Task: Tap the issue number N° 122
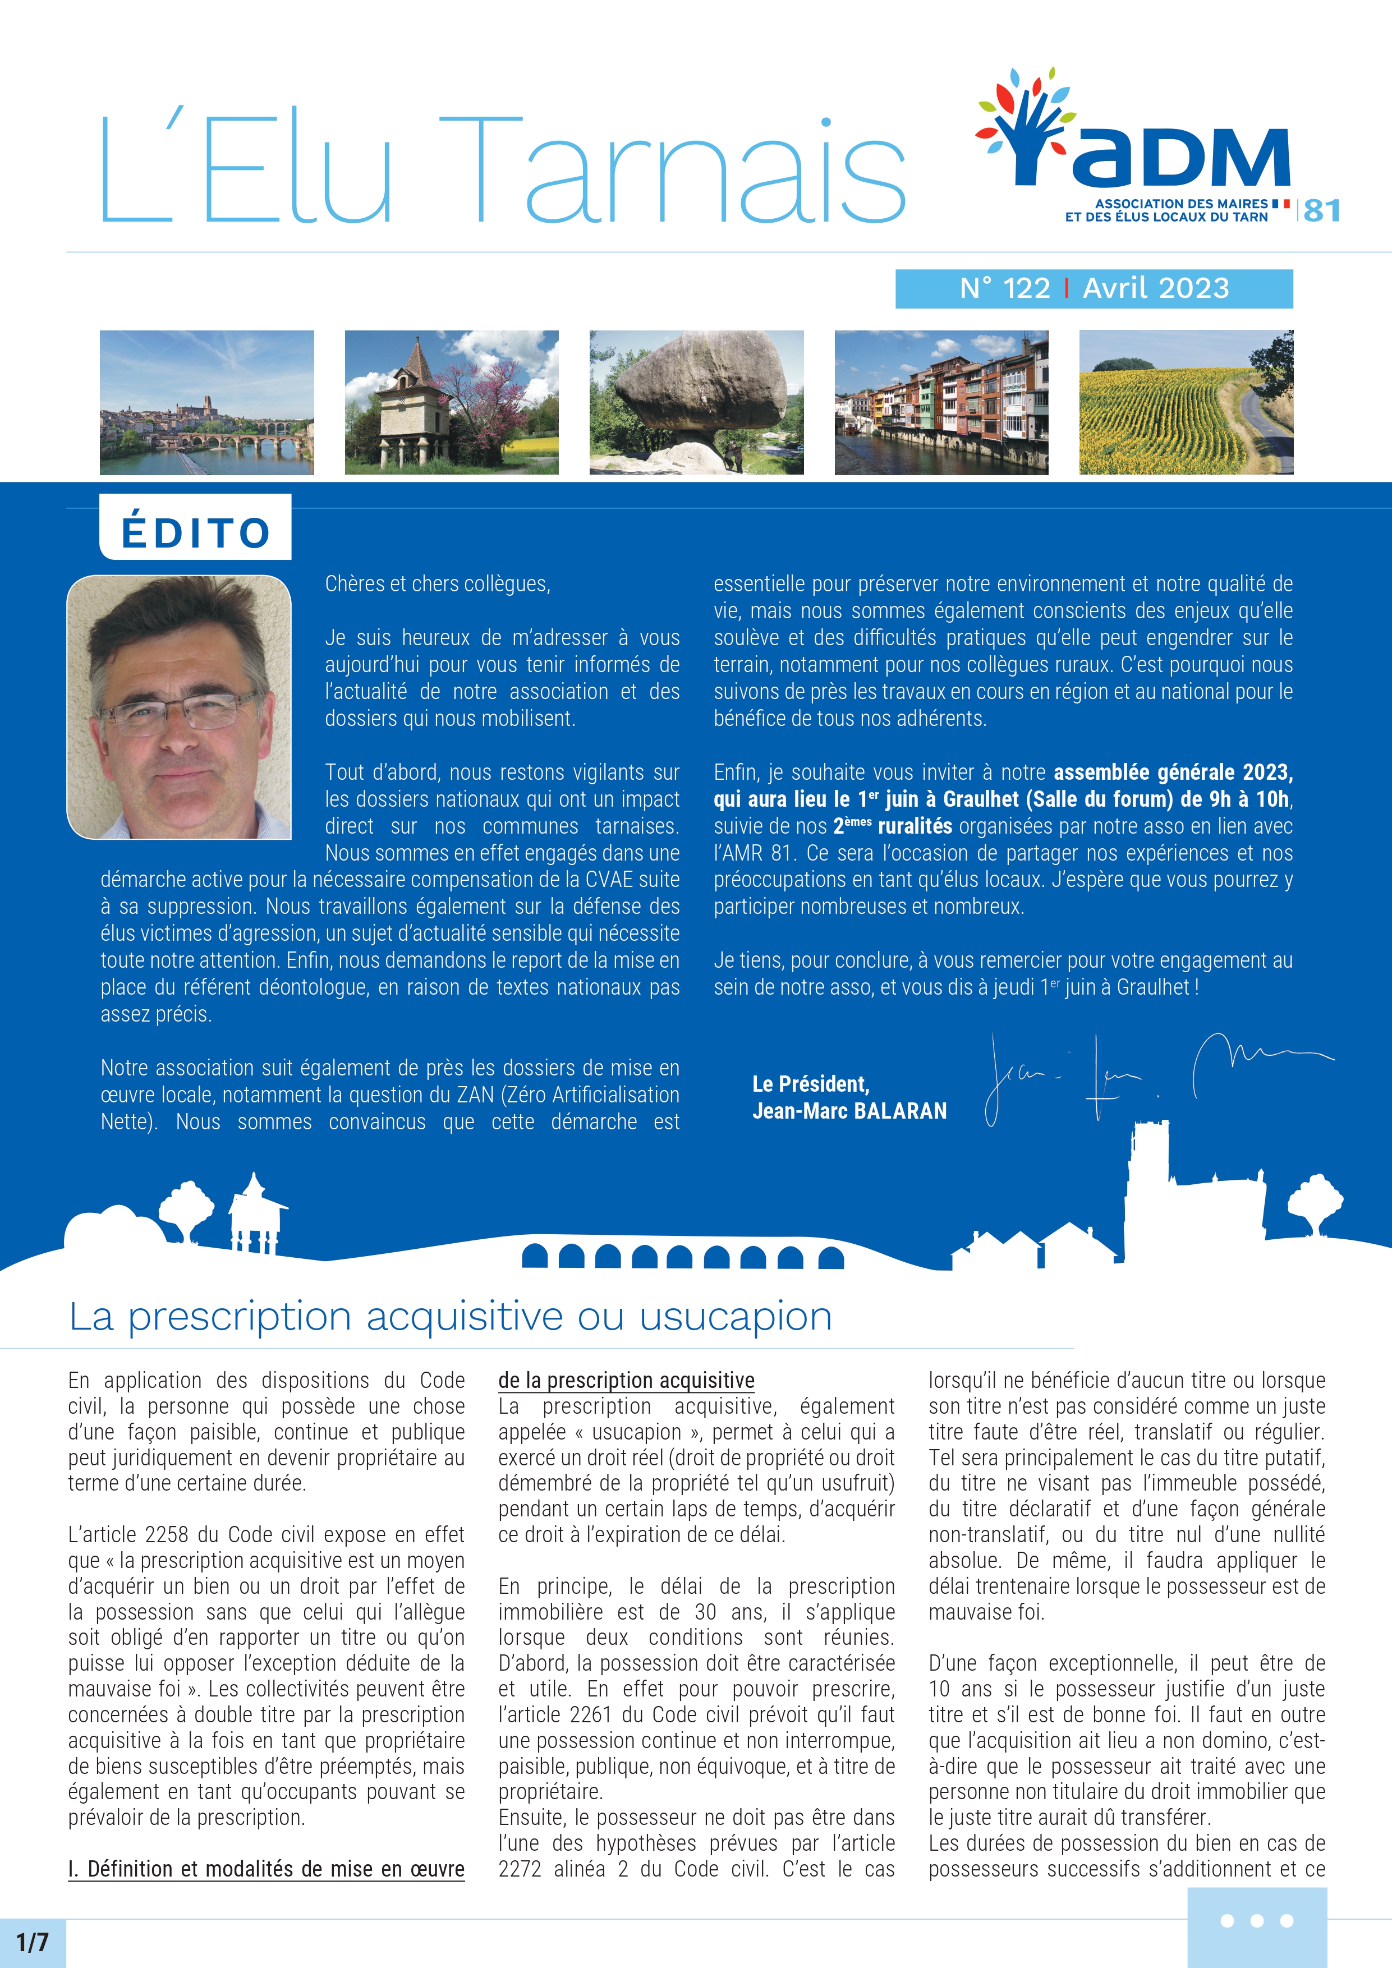(1004, 288)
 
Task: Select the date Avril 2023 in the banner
(1155, 288)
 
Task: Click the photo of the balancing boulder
(696, 402)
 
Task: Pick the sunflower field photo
(1186, 402)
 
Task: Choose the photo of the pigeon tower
(451, 402)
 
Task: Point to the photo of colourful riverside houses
(941, 402)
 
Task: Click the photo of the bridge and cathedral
(206, 402)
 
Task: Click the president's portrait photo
(179, 707)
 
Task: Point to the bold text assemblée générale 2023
(1172, 773)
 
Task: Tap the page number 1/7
(33, 1942)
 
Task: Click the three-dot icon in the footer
(1257, 1921)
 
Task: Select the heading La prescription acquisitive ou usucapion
(451, 1316)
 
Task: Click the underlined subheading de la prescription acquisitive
(627, 1380)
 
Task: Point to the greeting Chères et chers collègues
(437, 583)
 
